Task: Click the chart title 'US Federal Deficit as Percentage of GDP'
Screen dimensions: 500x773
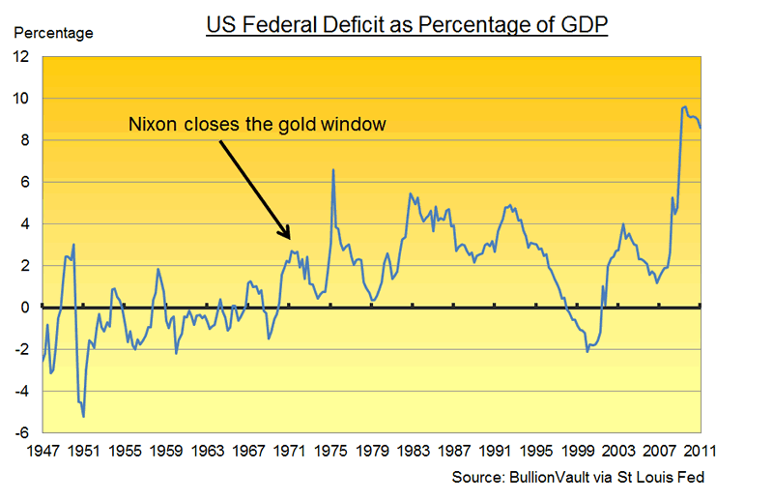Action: pos(407,24)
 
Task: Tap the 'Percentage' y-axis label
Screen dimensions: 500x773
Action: pos(53,34)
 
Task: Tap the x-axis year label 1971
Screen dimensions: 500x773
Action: pos(290,452)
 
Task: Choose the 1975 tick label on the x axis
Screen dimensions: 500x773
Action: pos(330,452)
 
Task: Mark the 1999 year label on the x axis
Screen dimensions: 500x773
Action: pos(578,452)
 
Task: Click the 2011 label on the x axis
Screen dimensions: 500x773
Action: pos(701,452)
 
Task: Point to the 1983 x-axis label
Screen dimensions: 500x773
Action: pos(414,452)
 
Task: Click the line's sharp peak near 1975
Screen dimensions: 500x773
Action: pos(333,170)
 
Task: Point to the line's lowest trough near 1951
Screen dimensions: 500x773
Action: pos(84,416)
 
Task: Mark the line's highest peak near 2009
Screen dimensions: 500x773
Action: pos(685,106)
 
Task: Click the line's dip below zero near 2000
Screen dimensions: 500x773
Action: pos(587,351)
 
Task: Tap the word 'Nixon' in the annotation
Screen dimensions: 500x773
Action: pos(152,124)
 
